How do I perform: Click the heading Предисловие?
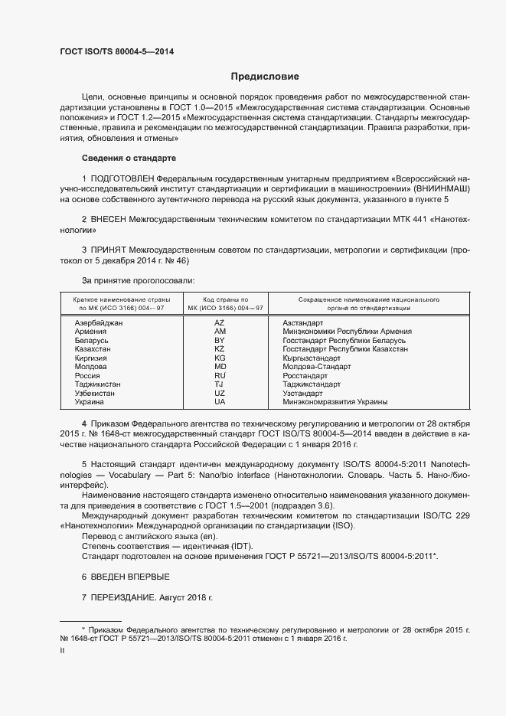(265, 77)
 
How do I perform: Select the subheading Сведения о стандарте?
(128, 158)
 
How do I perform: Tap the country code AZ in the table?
(220, 323)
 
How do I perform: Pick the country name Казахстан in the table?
(93, 349)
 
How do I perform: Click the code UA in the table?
(220, 401)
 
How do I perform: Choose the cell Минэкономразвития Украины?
(335, 401)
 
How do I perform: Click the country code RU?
(220, 375)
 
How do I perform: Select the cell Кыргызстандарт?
(312, 358)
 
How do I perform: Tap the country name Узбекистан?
(95, 393)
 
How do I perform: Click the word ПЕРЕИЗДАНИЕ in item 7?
(122, 597)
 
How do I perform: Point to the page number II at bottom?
(62, 651)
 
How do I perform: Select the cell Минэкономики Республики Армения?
(347, 332)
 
